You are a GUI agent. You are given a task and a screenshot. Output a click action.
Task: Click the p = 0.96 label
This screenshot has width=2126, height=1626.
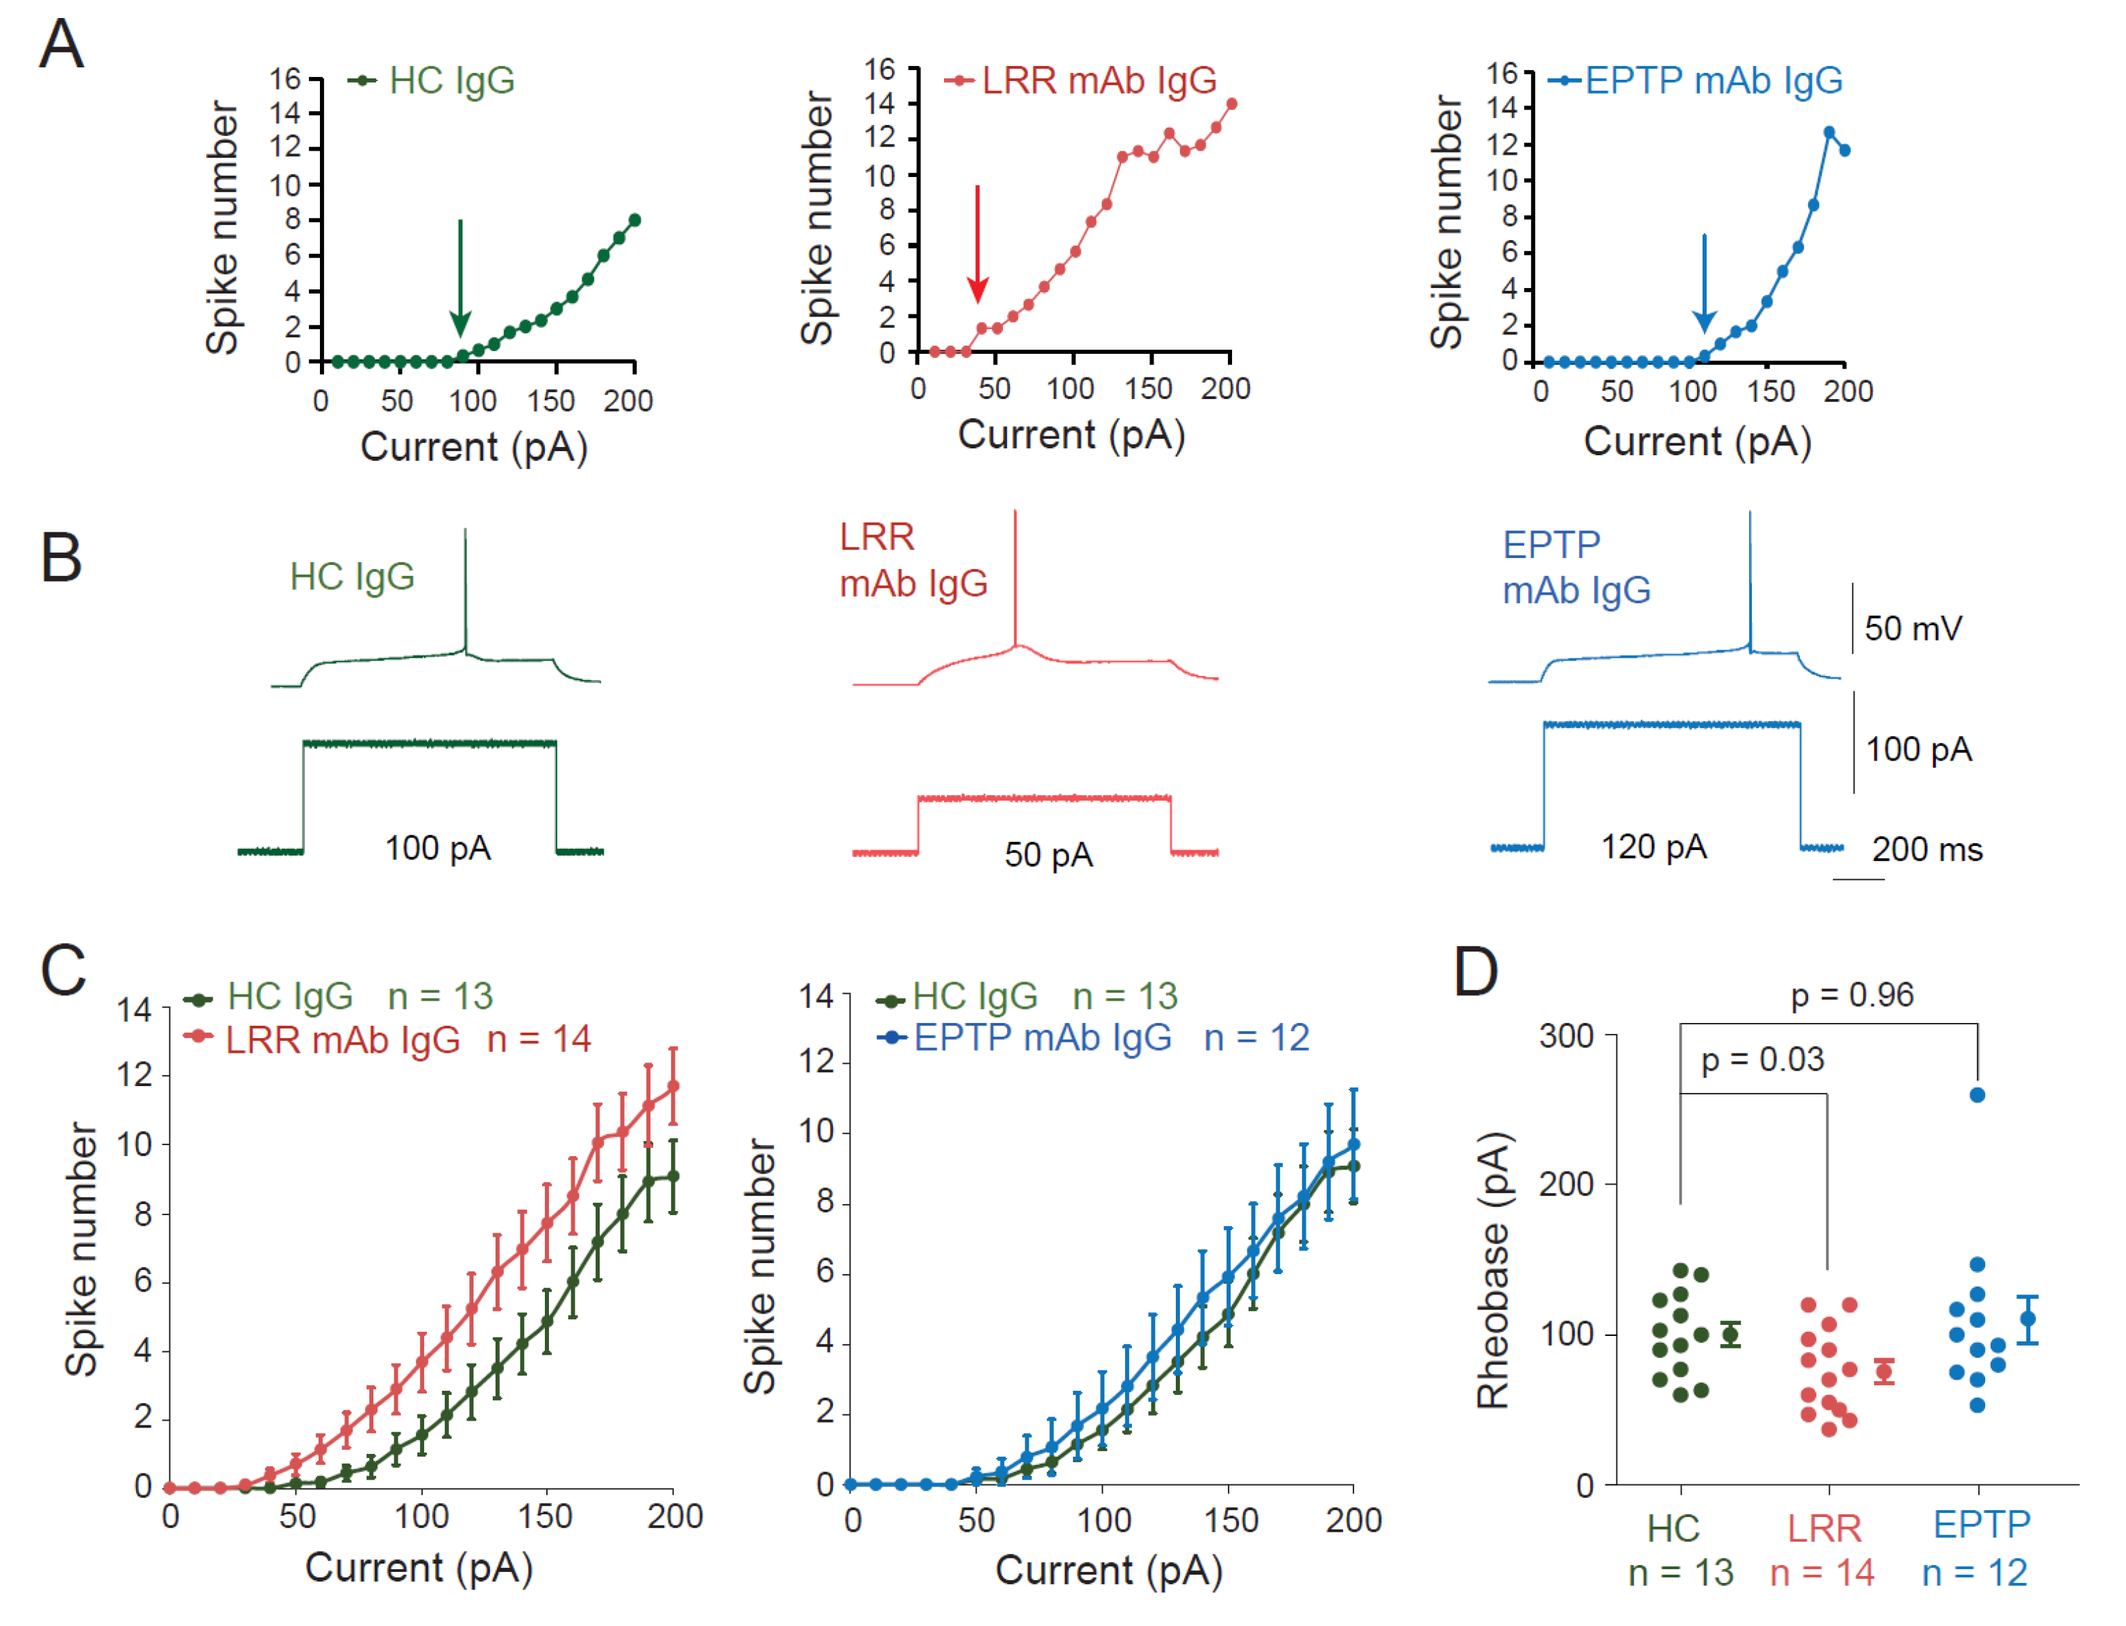tap(1851, 995)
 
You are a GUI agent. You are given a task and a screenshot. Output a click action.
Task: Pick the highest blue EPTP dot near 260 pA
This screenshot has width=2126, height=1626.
tap(1978, 1094)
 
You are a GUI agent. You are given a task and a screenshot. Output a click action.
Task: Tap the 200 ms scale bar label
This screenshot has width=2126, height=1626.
tap(1927, 849)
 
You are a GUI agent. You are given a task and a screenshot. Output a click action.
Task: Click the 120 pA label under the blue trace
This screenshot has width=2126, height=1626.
tap(1653, 847)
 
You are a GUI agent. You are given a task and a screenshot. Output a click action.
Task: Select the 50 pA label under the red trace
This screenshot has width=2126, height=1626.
tap(1049, 854)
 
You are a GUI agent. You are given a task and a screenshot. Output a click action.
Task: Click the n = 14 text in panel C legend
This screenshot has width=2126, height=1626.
tap(539, 1040)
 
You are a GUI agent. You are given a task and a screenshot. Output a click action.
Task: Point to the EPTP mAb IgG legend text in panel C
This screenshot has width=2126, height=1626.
tap(1043, 1038)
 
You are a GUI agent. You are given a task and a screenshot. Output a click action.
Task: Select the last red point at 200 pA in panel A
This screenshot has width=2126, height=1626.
tap(1231, 103)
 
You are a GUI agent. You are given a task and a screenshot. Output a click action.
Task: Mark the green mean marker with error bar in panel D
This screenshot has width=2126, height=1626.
tap(1730, 1335)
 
